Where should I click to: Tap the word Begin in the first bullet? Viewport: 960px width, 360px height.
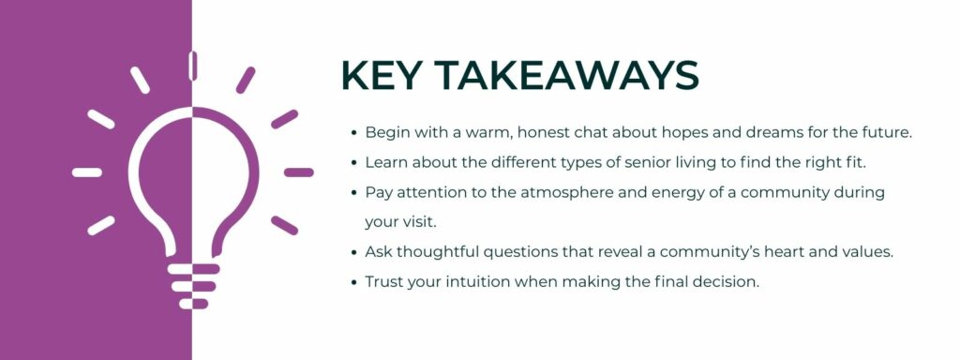pos(385,132)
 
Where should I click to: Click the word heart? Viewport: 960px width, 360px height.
pos(761,252)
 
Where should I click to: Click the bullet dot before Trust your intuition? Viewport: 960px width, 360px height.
pos(352,283)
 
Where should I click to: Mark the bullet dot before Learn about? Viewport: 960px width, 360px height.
pos(352,163)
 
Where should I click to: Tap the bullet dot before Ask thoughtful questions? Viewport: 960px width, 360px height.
pos(352,253)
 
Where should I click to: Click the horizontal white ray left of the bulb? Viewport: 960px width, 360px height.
pos(87,172)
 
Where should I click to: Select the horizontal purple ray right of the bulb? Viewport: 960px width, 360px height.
pos(298,172)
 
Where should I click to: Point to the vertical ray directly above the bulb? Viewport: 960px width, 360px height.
pos(192,66)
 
